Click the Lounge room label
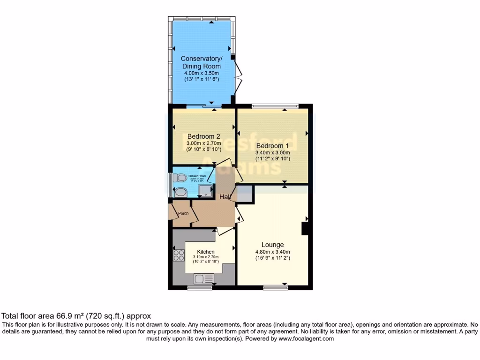coord(272,245)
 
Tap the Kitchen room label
coord(205,252)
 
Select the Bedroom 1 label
coord(272,145)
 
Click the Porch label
coord(183,214)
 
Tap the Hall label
coord(225,197)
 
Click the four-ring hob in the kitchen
coord(179,255)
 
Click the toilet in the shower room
coord(179,178)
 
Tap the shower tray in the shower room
coord(205,190)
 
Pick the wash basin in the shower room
coord(179,191)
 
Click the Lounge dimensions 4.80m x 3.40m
coord(272,252)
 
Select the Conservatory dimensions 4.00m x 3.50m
coord(201,74)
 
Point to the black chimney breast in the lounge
coord(304,228)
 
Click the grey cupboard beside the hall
coord(244,194)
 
